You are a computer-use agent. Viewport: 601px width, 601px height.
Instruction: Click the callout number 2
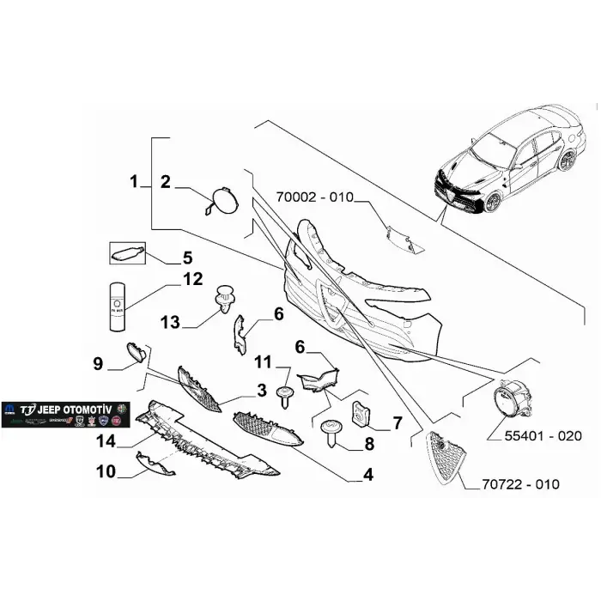point(166,181)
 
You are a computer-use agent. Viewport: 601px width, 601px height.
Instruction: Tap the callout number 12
point(192,279)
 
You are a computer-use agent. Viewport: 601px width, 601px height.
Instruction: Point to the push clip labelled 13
point(224,295)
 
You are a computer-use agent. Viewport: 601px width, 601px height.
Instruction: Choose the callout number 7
point(397,422)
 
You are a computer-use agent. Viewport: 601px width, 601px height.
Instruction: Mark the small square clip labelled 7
point(363,413)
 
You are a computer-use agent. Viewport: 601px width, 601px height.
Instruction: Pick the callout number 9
point(98,364)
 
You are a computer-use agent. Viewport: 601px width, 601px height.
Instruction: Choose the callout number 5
point(186,257)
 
